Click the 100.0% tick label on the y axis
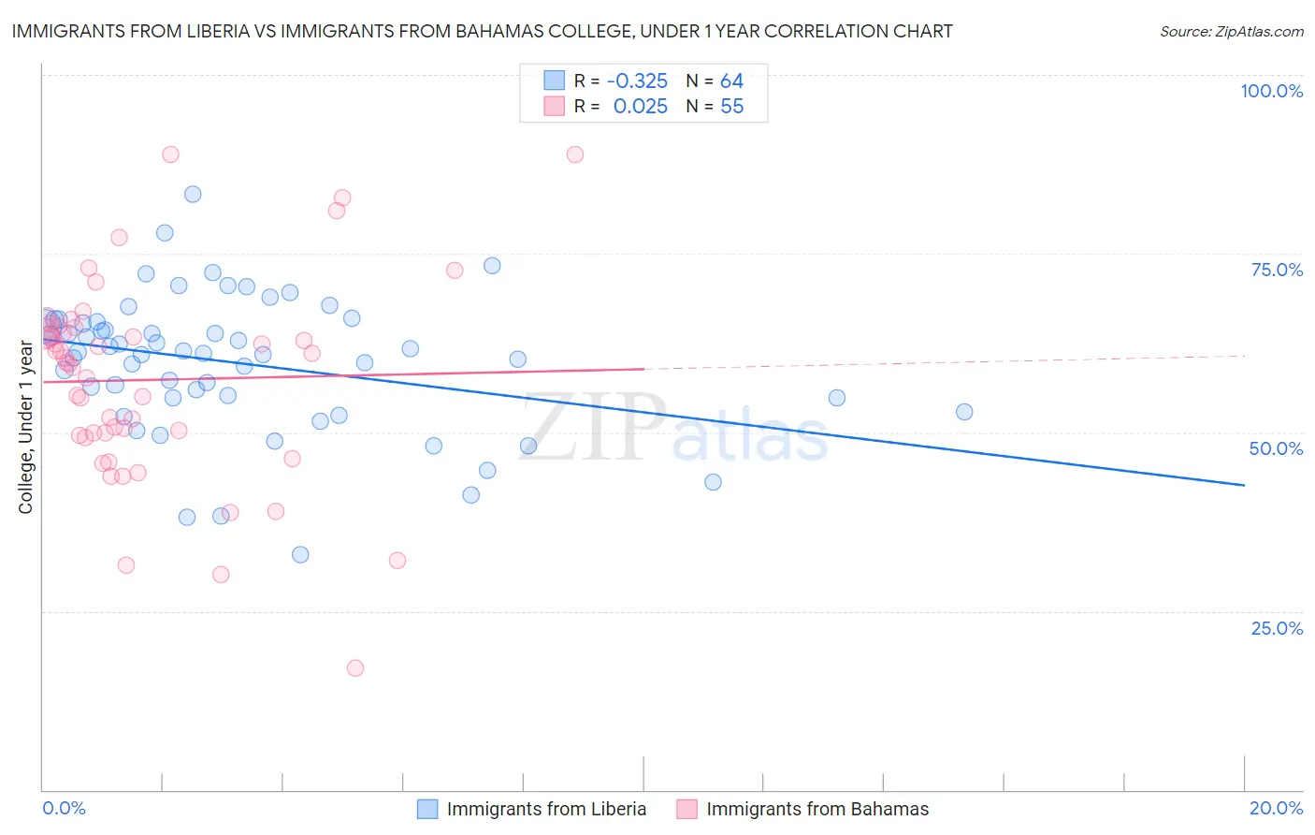1271,91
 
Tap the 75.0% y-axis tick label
1277,270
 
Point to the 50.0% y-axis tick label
1276,448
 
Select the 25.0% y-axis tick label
1277,627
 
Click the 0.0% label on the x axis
64,808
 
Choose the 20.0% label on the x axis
1276,808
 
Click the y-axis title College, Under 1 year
26,428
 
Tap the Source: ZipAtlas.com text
1231,32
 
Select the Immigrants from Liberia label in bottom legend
546,809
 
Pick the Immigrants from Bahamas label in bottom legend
817,809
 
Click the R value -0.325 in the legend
637,81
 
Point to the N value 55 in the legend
731,107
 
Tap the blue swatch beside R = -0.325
555,81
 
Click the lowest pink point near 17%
355,668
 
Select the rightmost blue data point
964,412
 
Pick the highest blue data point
193,195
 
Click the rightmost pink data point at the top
575,154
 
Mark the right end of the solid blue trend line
1244,485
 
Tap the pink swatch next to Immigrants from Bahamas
686,809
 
